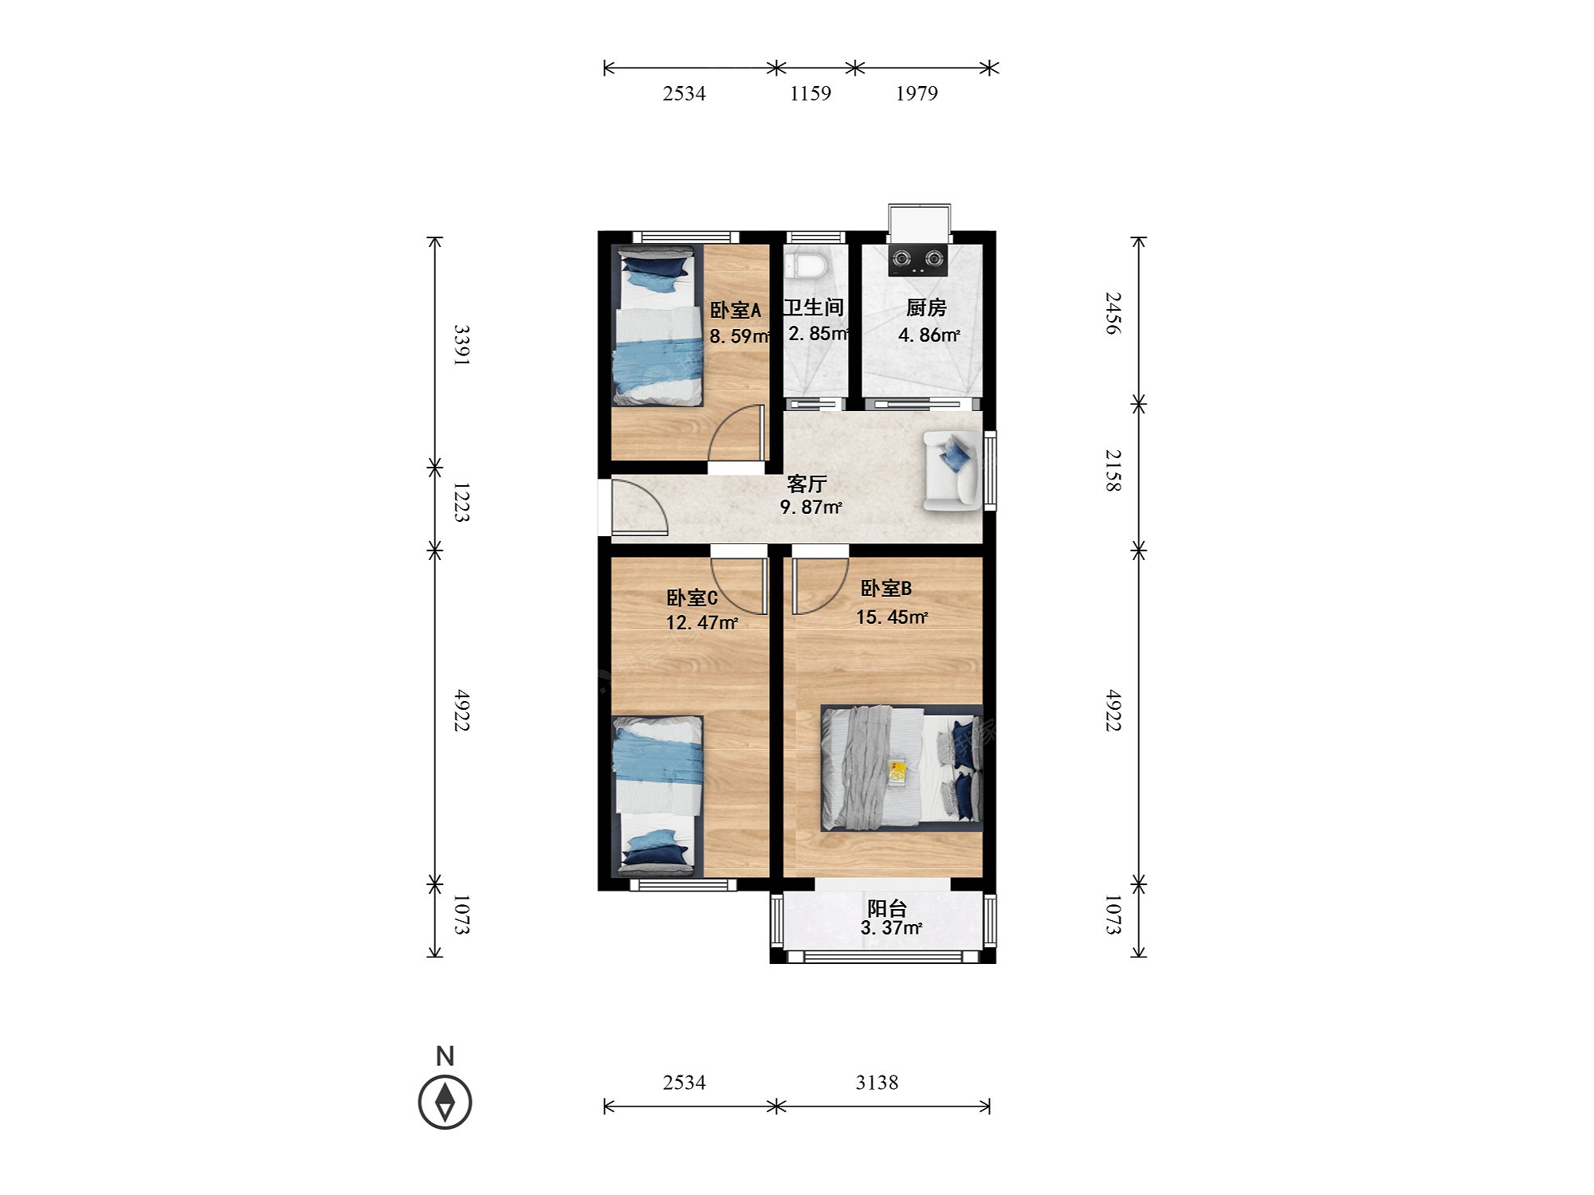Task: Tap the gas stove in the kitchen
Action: [x=917, y=261]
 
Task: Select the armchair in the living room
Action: [x=952, y=470]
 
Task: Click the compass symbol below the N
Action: [x=445, y=1102]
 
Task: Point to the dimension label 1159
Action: [x=811, y=94]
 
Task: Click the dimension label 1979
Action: [x=917, y=94]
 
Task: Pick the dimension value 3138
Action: [x=877, y=1083]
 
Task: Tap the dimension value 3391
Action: [x=461, y=345]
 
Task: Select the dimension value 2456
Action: [x=1113, y=313]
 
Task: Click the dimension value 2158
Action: [x=1113, y=470]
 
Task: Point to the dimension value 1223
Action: [x=461, y=502]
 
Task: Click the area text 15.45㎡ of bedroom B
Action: [x=892, y=617]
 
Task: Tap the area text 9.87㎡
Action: [x=811, y=507]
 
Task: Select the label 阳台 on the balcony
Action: [x=887, y=907]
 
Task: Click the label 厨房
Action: [x=926, y=308]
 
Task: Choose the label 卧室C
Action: [x=692, y=597]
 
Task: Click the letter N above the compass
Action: [x=445, y=1056]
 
